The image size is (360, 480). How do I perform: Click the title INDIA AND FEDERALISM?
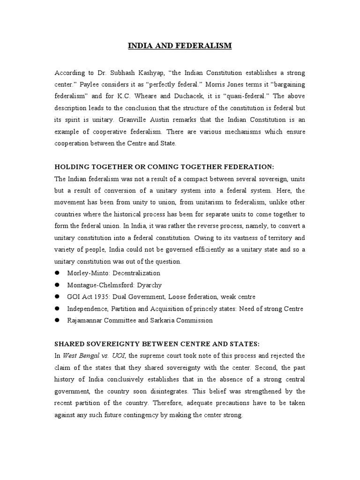[180, 46]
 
